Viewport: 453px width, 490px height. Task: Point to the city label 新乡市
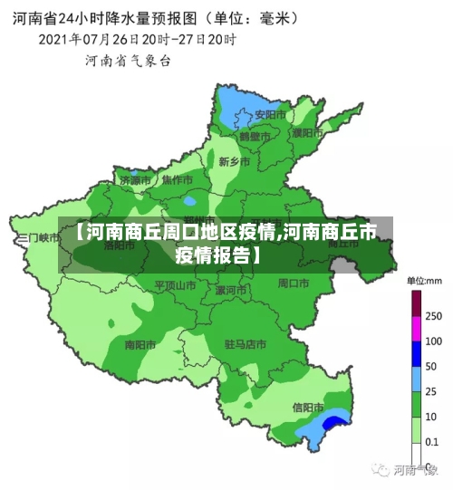click(235, 161)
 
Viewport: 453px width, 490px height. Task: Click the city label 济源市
click(135, 180)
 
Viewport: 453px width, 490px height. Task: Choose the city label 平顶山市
click(175, 284)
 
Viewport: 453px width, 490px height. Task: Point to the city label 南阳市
click(141, 344)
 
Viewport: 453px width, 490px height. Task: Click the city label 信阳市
click(308, 407)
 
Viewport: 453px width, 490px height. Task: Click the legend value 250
click(433, 317)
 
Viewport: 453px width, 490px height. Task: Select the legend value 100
click(433, 341)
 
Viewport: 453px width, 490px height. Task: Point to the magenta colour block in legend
click(417, 304)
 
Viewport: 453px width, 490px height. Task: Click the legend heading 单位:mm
click(423, 281)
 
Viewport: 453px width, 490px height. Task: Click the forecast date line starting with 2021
click(137, 40)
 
